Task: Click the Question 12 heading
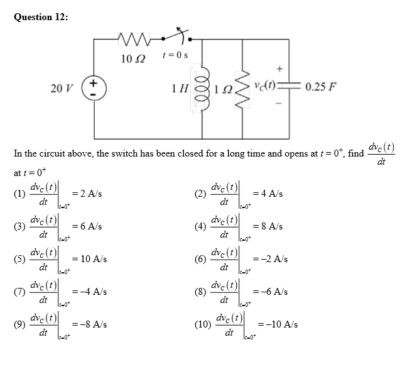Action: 41,17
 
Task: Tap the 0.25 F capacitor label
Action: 322,86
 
